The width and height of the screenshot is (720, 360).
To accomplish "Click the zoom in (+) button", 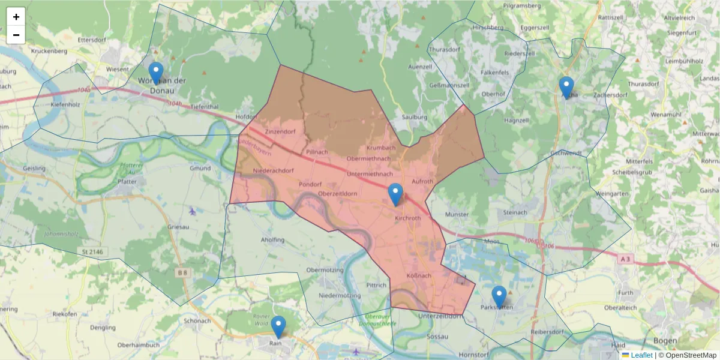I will click(16, 17).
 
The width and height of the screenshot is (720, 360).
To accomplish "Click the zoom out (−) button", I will click(16, 35).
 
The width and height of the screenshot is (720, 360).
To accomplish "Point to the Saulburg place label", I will click(414, 117).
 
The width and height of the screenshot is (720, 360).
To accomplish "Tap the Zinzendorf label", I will click(280, 131).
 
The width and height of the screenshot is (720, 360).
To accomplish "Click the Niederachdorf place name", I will click(274, 170).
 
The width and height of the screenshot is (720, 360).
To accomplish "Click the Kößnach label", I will click(419, 276).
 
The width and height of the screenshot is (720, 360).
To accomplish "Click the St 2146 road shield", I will click(94, 252).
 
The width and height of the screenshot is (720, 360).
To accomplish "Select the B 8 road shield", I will click(182, 272).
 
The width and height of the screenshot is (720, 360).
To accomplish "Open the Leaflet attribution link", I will click(641, 355).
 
